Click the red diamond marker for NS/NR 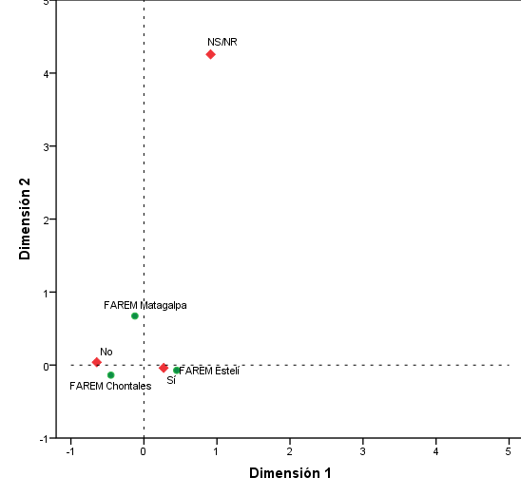210,54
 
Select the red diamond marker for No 96,362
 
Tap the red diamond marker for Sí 164,368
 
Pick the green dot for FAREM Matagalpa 135,315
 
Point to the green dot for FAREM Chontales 111,375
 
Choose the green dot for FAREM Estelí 177,371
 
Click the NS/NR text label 222,42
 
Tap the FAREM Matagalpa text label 145,305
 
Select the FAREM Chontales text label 110,387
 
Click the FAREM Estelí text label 210,371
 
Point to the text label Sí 171,380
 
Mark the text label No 106,352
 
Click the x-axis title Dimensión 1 289,472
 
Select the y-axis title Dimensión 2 27,219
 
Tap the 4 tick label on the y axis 46,73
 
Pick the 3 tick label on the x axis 362,452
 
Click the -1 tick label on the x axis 69,452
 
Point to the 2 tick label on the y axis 46,219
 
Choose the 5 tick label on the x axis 509,452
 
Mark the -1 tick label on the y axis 44,439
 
